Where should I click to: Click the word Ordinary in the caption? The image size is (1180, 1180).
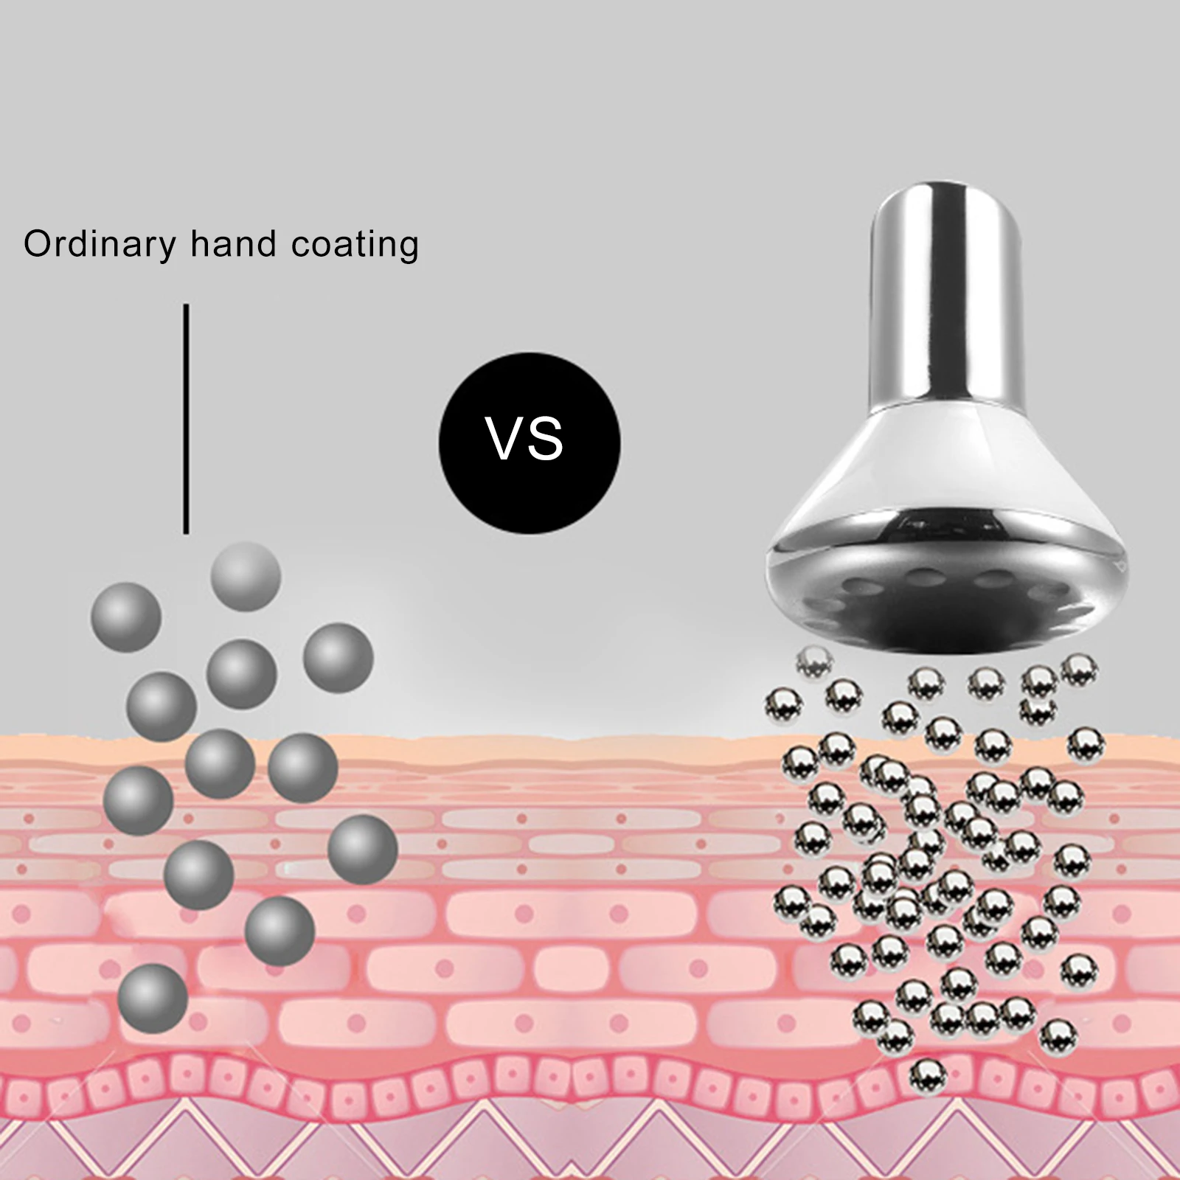pyautogui.click(x=100, y=244)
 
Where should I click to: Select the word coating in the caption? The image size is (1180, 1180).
pyautogui.click(x=355, y=244)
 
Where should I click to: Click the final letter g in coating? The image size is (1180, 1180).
pyautogui.click(x=408, y=247)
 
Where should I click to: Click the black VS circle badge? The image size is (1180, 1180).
pyautogui.click(x=529, y=442)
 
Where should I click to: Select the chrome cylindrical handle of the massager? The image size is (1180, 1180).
pyautogui.click(x=947, y=295)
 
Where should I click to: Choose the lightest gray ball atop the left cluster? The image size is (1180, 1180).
pyautogui.click(x=246, y=576)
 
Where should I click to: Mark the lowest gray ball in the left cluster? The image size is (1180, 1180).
pyautogui.click(x=153, y=998)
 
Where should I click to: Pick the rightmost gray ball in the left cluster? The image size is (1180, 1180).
pyautogui.click(x=362, y=850)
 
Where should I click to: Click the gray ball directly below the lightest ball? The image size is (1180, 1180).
pyautogui.click(x=241, y=674)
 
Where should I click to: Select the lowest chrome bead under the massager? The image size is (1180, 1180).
pyautogui.click(x=928, y=1077)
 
